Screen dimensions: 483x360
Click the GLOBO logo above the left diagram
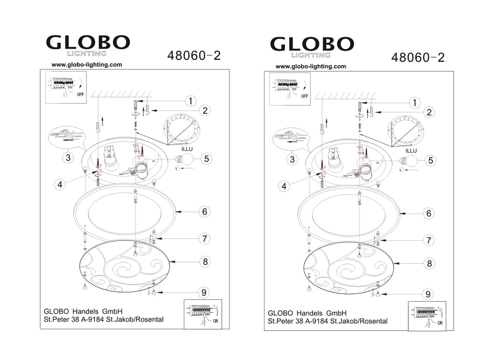coord(88,45)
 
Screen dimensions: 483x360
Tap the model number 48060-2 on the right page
coord(418,57)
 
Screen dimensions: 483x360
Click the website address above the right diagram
coord(311,66)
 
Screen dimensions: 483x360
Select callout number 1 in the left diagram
coord(191,101)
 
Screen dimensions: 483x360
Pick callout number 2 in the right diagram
coord(429,112)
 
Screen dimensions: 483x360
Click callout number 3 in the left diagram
coord(68,158)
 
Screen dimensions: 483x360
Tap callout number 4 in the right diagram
coord(284,186)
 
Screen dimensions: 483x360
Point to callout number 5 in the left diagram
coord(206,159)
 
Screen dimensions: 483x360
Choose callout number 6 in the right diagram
coord(428,213)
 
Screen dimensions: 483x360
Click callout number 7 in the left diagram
coord(204,238)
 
